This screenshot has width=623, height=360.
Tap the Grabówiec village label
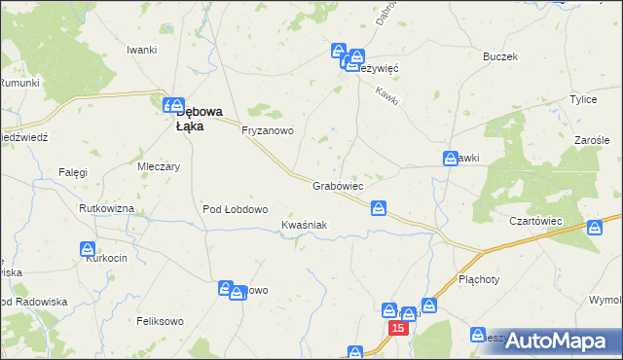click(x=338, y=185)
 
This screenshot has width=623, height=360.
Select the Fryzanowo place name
click(x=268, y=130)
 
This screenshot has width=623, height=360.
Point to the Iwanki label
click(x=142, y=50)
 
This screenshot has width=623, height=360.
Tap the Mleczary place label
click(x=160, y=166)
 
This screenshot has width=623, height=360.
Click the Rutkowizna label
click(x=104, y=209)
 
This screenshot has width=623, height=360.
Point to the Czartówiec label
click(x=536, y=221)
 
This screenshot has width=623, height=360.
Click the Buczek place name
click(x=498, y=56)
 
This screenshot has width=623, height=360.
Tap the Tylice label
click(x=583, y=100)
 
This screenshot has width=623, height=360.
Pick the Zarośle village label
click(x=591, y=140)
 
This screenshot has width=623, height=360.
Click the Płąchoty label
click(x=478, y=278)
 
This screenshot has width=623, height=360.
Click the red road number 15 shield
click(x=397, y=330)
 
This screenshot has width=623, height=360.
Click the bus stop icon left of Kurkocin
click(x=88, y=250)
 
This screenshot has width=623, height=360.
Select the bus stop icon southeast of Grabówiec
click(x=379, y=208)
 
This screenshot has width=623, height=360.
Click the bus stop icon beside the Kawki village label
click(x=451, y=159)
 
